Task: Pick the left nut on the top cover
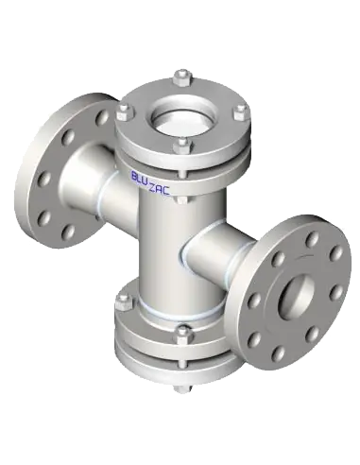[126, 112]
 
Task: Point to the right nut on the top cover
[241, 112]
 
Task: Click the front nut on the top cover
[182, 146]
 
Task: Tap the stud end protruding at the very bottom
[182, 388]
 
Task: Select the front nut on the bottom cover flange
[183, 335]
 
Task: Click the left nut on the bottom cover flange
[124, 302]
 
